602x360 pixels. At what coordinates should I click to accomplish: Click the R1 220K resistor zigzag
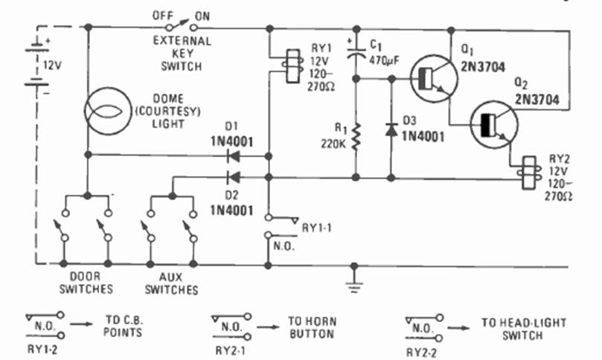pyautogui.click(x=355, y=135)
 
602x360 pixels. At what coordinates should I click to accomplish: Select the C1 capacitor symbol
pyautogui.click(x=355, y=51)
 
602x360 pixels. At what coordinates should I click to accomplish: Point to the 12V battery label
pyautogui.click(x=53, y=65)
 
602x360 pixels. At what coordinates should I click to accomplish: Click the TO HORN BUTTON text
pyautogui.click(x=312, y=328)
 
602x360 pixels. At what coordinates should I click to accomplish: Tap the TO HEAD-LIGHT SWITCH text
pyautogui.click(x=523, y=329)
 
